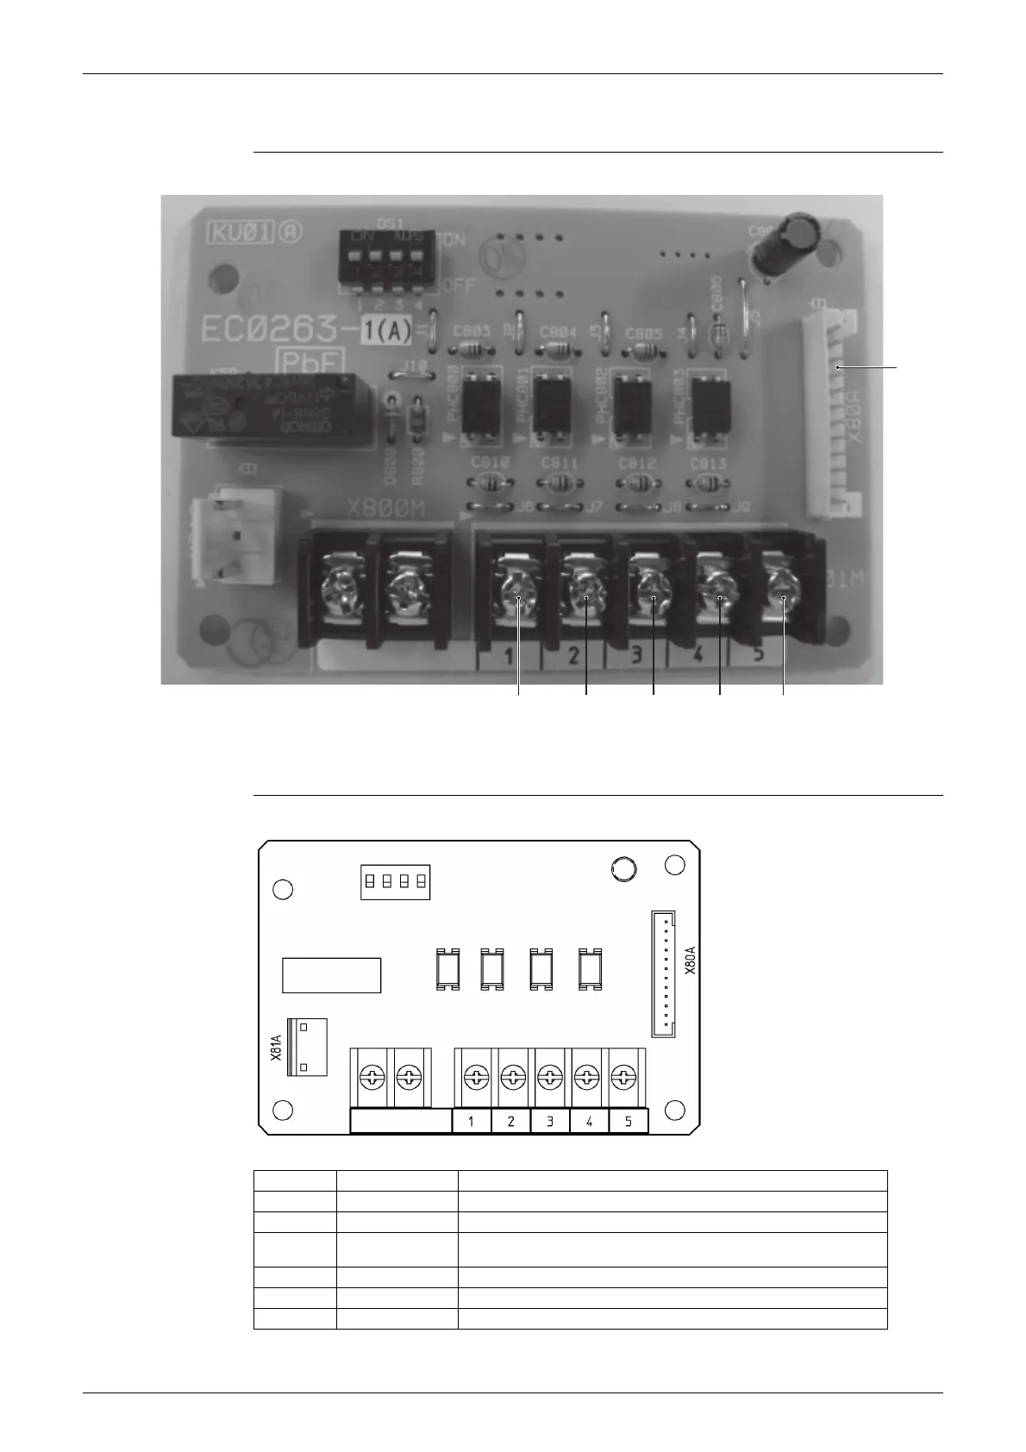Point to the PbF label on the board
(309, 361)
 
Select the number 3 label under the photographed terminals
(636, 656)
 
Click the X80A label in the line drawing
(690, 960)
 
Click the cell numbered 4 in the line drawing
(589, 1122)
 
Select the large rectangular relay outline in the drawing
(331, 975)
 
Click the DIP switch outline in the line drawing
(395, 882)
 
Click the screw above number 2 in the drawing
(512, 1076)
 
